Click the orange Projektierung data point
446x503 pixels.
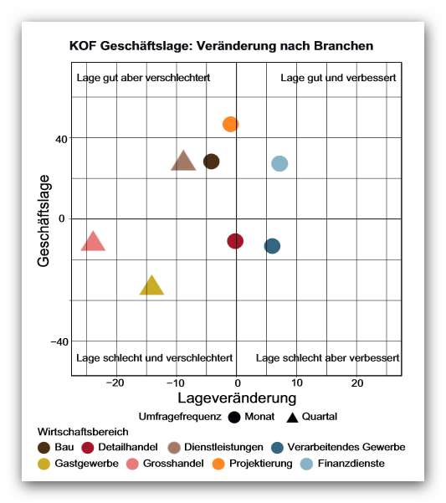231,124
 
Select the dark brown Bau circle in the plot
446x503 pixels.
212,162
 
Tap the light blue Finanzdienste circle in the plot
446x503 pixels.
279,163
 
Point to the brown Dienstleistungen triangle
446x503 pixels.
183,162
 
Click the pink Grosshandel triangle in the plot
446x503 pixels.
93,242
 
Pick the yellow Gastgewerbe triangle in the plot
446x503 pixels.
151,286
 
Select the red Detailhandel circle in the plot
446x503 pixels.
235,241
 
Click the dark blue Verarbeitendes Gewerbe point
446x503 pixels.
272,246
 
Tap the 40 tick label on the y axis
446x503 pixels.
61,140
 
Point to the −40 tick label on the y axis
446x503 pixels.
59,342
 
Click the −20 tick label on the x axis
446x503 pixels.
115,383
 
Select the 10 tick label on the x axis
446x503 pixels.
297,383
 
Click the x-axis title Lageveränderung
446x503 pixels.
237,398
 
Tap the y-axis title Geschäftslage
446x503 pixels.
44,221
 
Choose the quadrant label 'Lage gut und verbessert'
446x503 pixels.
338,78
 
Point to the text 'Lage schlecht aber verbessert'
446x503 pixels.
327,357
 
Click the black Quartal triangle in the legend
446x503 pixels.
292,418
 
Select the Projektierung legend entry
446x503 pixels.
253,464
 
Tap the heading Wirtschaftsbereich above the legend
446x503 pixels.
83,432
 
